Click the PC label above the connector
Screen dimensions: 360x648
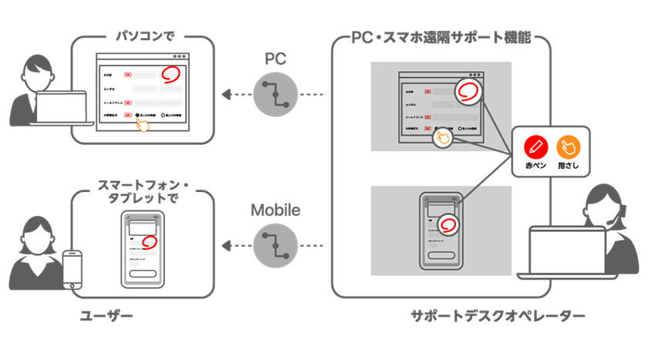(275, 59)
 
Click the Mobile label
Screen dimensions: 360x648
(275, 209)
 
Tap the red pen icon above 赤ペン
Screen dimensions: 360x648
(535, 146)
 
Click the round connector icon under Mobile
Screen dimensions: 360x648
(276, 246)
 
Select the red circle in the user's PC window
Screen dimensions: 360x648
(171, 75)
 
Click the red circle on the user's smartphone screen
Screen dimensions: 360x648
(150, 241)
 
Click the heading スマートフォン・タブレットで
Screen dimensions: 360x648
(140, 190)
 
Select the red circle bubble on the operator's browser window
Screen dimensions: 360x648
(468, 93)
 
